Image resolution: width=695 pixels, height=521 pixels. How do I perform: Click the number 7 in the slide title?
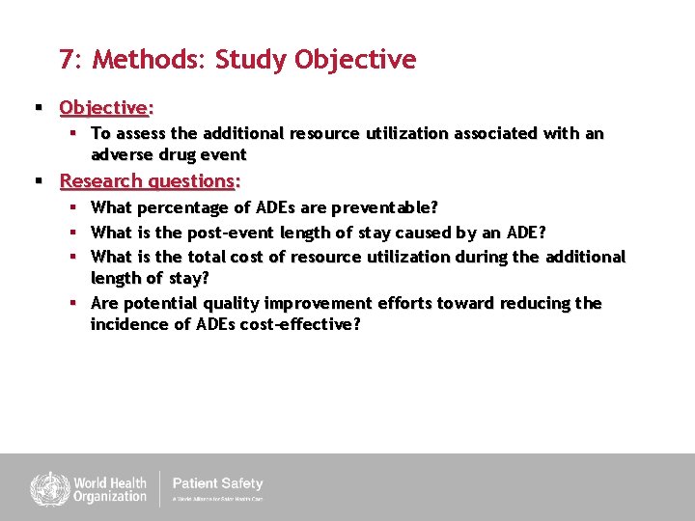pos(66,60)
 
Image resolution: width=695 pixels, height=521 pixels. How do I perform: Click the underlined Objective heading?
pos(106,107)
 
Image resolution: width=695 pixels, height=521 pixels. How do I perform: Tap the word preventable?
pos(384,207)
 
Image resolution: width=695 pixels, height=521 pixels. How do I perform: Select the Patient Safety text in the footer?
pos(217,483)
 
